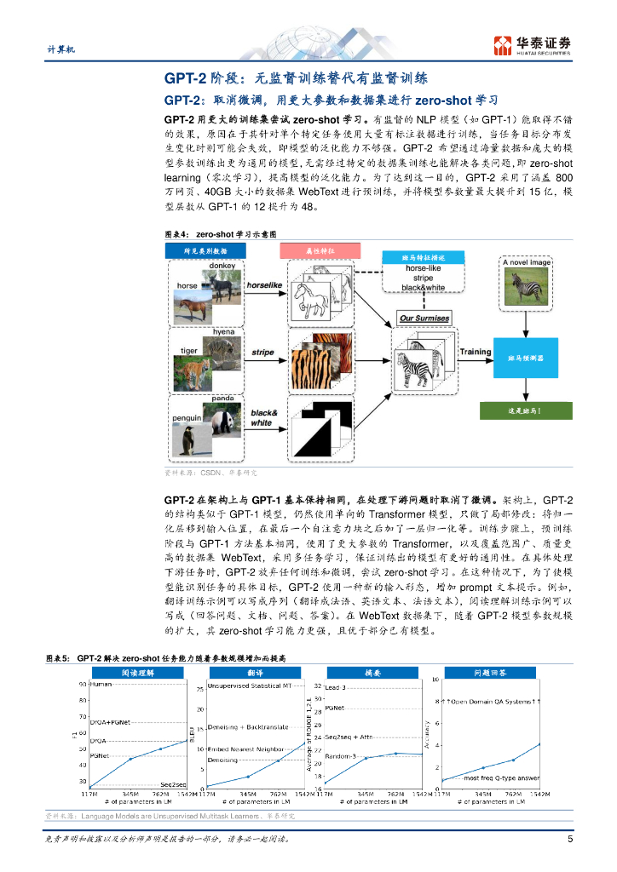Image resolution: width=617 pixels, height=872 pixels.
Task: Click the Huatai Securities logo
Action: (x=532, y=45)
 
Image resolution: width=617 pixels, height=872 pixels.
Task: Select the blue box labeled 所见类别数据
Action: (x=205, y=250)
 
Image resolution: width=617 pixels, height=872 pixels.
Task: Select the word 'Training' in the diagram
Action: (x=476, y=351)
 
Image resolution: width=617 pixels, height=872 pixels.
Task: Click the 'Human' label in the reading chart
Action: (x=101, y=684)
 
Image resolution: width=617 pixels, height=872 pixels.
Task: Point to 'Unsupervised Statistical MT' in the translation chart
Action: (x=249, y=686)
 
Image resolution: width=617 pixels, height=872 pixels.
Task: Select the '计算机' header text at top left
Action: (x=61, y=50)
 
